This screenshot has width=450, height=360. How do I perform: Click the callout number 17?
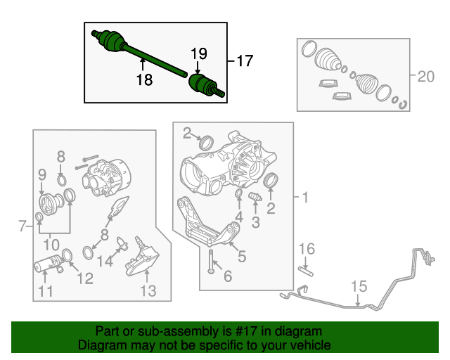(243, 61)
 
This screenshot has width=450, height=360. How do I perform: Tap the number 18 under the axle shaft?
(143, 80)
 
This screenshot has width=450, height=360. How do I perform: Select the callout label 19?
(198, 53)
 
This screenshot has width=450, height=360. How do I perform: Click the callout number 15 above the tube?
(359, 286)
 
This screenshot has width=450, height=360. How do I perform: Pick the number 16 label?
(307, 249)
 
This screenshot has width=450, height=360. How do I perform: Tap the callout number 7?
(22, 226)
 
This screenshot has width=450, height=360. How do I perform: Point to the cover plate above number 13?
(144, 260)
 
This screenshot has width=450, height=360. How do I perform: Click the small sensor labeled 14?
(122, 243)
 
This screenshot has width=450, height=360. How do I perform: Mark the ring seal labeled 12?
(68, 254)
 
